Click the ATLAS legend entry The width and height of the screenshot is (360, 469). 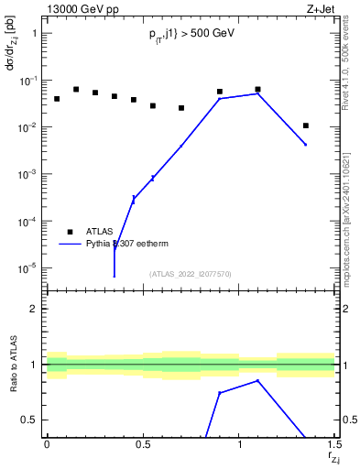click(x=99, y=232)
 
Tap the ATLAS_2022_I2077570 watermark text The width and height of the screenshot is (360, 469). click(x=191, y=273)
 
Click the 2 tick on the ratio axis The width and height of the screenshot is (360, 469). click(x=34, y=309)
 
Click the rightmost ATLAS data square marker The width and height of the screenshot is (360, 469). click(x=306, y=125)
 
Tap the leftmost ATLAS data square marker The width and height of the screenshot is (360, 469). click(x=56, y=99)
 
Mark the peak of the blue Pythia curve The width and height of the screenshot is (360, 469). click(x=257, y=93)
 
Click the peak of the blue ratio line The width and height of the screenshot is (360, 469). click(x=257, y=380)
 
